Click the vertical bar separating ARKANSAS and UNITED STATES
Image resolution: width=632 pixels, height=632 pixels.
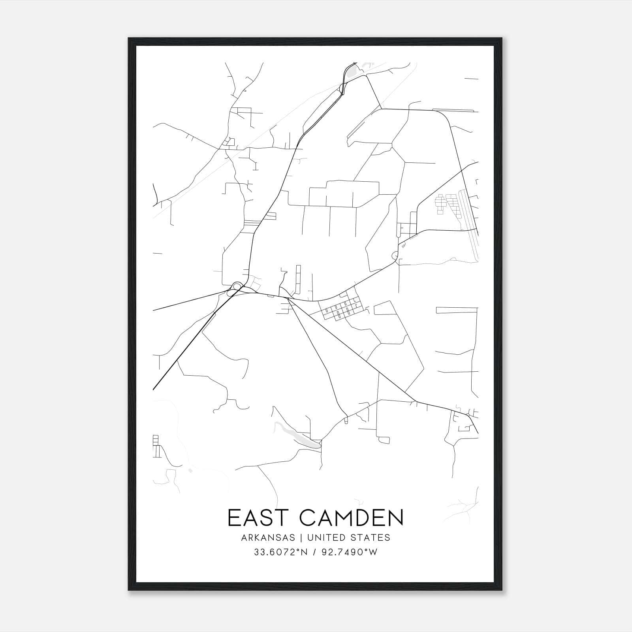point(301,538)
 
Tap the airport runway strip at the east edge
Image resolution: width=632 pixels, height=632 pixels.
point(473,221)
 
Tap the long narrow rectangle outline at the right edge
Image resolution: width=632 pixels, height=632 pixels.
point(456,310)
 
